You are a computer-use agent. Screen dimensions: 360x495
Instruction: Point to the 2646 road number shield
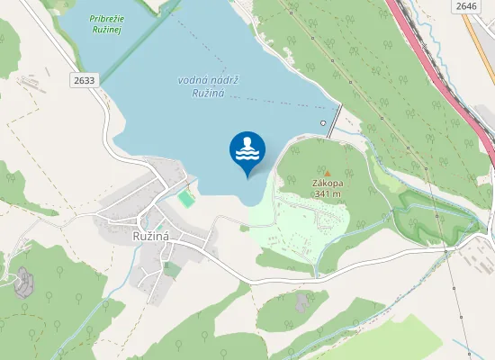coord(465,6)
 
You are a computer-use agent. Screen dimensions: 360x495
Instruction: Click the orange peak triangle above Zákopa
coord(327,173)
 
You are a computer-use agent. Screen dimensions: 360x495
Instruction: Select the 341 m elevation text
coord(328,193)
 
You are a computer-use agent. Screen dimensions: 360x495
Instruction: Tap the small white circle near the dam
coord(323,121)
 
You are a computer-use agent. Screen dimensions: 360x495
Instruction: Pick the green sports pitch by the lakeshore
coord(185,195)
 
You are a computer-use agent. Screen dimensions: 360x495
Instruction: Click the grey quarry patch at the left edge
coord(23,281)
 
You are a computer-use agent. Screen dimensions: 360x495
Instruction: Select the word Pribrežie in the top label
coord(109,18)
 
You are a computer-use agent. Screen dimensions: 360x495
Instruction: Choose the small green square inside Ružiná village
coord(170,266)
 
